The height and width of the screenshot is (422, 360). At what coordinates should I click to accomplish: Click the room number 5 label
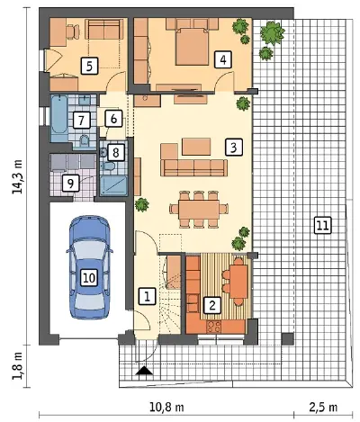point(89,66)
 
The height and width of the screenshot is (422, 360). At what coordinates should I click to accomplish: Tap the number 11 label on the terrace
point(322,225)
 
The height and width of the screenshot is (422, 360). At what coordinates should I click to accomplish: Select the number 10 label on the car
point(89,278)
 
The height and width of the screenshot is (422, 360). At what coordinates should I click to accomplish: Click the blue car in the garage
point(89,267)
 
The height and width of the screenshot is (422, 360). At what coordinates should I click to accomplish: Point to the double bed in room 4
point(192,47)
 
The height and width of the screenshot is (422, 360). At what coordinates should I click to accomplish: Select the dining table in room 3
point(199,210)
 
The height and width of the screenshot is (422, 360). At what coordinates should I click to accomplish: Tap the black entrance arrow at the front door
point(144,371)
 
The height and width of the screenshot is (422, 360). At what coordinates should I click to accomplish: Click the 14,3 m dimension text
point(17,176)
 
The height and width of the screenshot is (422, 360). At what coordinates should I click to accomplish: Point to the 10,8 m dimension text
point(166,407)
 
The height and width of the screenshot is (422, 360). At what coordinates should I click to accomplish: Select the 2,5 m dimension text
point(323,407)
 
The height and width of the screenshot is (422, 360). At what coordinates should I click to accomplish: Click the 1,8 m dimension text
point(17,365)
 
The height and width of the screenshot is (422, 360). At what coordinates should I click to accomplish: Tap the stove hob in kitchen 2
point(213,327)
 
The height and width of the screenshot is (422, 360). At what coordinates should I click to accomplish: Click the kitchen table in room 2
point(238,282)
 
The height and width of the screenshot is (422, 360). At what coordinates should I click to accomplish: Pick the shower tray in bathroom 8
point(113,186)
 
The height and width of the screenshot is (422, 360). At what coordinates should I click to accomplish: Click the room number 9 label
point(70,184)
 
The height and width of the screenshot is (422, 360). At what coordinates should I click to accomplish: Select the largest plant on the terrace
point(273,32)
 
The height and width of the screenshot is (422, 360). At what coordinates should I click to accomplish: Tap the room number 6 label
point(113,119)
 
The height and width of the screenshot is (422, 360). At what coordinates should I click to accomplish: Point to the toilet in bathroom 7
point(85,140)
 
